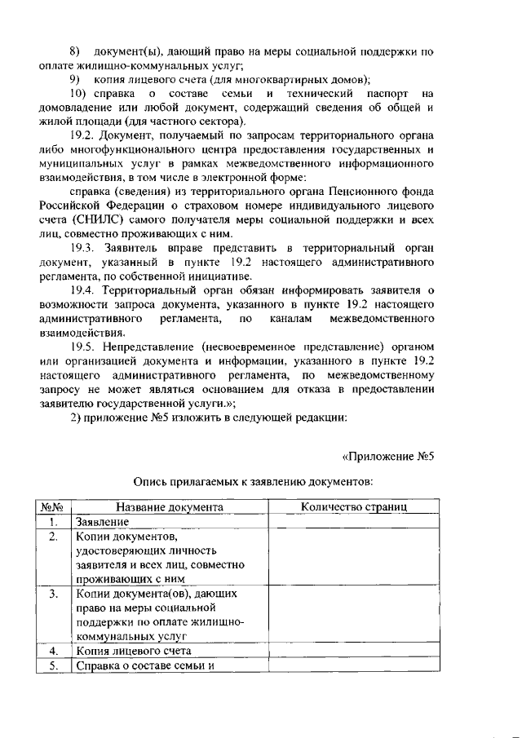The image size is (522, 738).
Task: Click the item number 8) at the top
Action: pyautogui.click(x=77, y=52)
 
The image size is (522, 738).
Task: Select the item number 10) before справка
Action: pyautogui.click(x=80, y=95)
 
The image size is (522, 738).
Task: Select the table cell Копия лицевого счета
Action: pyautogui.click(x=133, y=652)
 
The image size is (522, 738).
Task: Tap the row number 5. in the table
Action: pyautogui.click(x=52, y=665)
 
